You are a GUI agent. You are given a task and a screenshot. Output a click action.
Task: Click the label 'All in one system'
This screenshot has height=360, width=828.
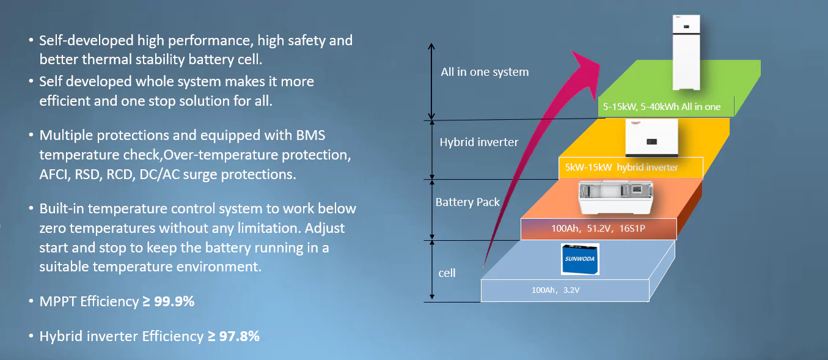pos(485,72)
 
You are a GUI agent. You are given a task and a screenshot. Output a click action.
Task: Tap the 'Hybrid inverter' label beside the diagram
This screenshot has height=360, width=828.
pos(478,142)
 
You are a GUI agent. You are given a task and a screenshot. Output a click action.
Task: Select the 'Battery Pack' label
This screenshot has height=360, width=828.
pos(467,202)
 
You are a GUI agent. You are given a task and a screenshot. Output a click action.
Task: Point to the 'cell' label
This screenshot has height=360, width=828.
pos(447,273)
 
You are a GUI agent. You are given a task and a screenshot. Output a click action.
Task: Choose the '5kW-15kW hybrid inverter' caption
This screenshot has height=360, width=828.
pos(631,167)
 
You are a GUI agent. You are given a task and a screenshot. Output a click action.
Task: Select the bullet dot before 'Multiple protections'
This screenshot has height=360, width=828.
pos(31,136)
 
